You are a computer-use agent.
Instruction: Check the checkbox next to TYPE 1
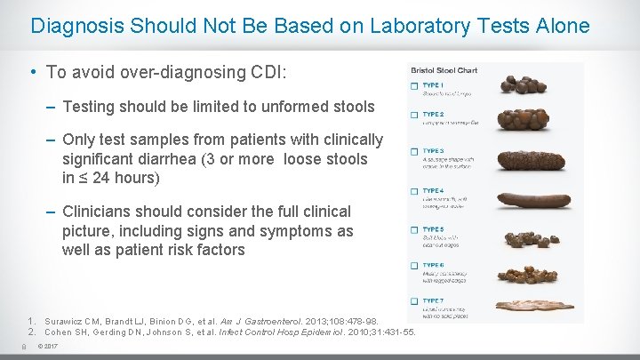tap(414, 87)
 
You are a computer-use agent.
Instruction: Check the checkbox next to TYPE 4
tap(414, 191)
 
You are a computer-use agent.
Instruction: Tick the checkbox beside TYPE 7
tap(414, 301)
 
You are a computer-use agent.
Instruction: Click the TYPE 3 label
tap(433, 151)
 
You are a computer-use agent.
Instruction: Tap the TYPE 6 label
tap(433, 265)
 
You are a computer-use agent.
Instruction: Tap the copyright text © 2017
tap(48, 347)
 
